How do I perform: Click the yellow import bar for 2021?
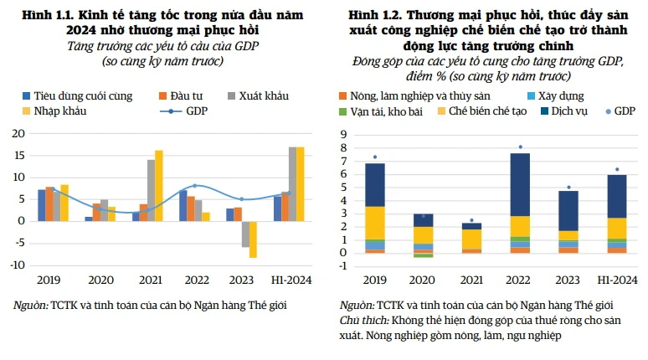pos(158,185)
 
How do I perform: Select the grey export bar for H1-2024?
pos(291,183)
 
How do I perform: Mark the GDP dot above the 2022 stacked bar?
pos(520,147)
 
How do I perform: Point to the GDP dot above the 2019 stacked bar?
pos(374,157)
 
